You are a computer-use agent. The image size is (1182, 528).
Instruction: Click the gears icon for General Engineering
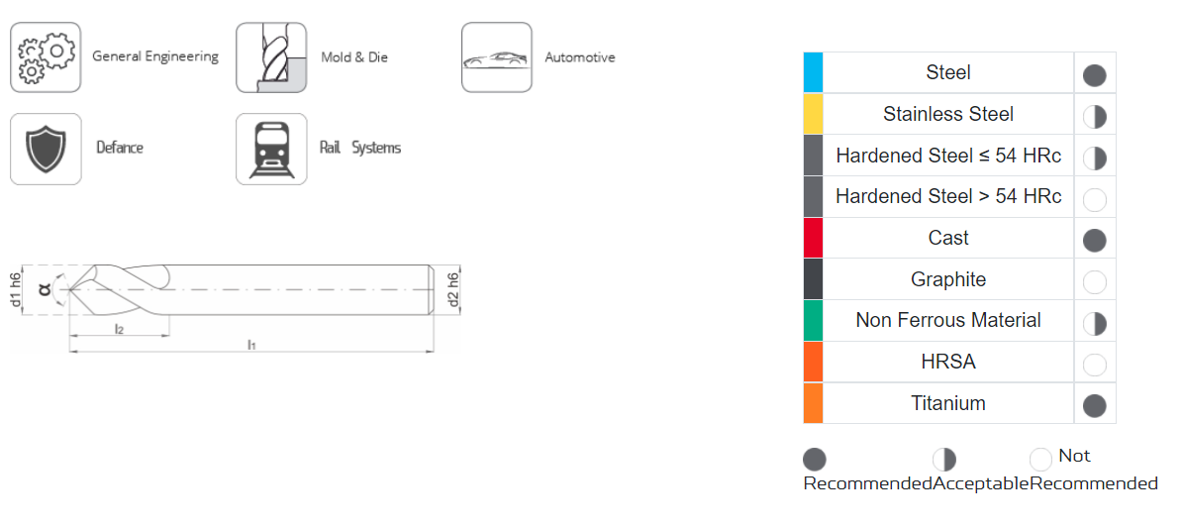tap(46, 57)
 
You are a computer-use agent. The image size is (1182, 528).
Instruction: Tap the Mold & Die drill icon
tap(271, 57)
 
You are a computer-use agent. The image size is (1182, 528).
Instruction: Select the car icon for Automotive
tap(497, 57)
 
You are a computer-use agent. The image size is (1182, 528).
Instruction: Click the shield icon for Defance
tap(46, 149)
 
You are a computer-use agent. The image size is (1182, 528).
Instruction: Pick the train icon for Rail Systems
tap(271, 149)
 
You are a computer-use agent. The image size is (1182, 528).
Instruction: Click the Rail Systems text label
tap(360, 148)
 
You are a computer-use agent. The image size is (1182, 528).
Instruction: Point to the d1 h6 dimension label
tap(15, 290)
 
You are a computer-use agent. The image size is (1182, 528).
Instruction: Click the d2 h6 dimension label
tap(452, 290)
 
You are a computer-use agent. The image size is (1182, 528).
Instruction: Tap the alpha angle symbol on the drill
tap(44, 289)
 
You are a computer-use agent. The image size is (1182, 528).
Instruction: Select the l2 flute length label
tap(119, 328)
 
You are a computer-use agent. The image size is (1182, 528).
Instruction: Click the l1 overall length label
tap(251, 345)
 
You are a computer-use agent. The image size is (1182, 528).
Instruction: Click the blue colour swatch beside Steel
tap(813, 72)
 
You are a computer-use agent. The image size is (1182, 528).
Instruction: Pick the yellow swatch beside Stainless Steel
tap(813, 114)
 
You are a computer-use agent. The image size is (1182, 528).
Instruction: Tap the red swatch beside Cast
tap(813, 238)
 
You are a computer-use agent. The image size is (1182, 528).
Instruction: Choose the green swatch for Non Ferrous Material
tap(813, 320)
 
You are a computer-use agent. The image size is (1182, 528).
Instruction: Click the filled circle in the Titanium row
tap(1094, 406)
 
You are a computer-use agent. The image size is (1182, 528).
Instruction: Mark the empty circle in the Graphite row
tap(1094, 282)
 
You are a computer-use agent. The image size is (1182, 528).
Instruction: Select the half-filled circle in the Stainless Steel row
tap(1094, 117)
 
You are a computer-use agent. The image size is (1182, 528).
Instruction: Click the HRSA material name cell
tap(948, 362)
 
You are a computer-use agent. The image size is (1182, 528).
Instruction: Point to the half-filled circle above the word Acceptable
tap(943, 459)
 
